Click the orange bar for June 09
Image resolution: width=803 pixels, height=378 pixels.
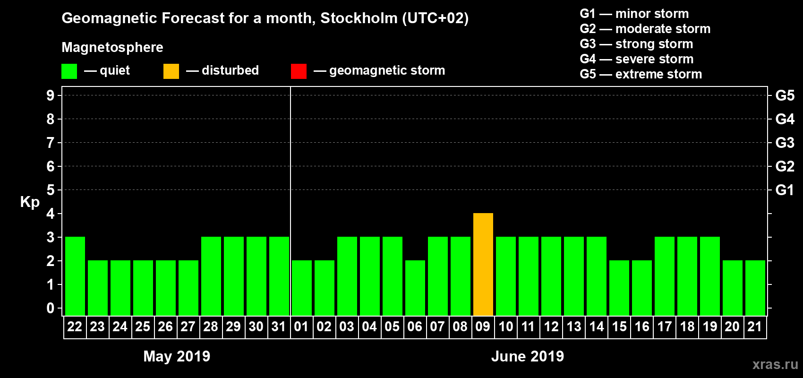483,264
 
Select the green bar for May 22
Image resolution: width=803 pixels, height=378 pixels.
75,276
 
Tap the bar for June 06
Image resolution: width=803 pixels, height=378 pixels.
415,288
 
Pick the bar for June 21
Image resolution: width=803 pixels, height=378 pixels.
755,288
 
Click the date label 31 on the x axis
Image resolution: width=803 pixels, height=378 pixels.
279,326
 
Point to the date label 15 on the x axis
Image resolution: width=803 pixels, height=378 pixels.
619,326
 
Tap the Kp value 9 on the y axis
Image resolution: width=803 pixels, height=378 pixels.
51,95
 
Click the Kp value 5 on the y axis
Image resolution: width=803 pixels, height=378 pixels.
51,190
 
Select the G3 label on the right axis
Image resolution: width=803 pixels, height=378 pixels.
785,143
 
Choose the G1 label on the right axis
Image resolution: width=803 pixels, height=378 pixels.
785,190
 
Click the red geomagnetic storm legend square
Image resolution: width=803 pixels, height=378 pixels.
299,71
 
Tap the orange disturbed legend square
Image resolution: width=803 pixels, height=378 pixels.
171,71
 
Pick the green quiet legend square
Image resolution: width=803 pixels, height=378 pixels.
69,71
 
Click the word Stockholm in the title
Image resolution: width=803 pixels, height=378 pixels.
359,18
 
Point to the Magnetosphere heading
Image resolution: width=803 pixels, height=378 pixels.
112,47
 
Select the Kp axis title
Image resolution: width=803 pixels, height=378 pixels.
30,202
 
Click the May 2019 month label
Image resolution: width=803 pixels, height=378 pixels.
177,356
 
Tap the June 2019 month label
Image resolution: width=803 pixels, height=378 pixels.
528,356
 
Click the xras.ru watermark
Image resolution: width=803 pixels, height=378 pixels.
775,364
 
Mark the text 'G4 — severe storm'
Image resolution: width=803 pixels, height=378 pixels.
636,59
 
